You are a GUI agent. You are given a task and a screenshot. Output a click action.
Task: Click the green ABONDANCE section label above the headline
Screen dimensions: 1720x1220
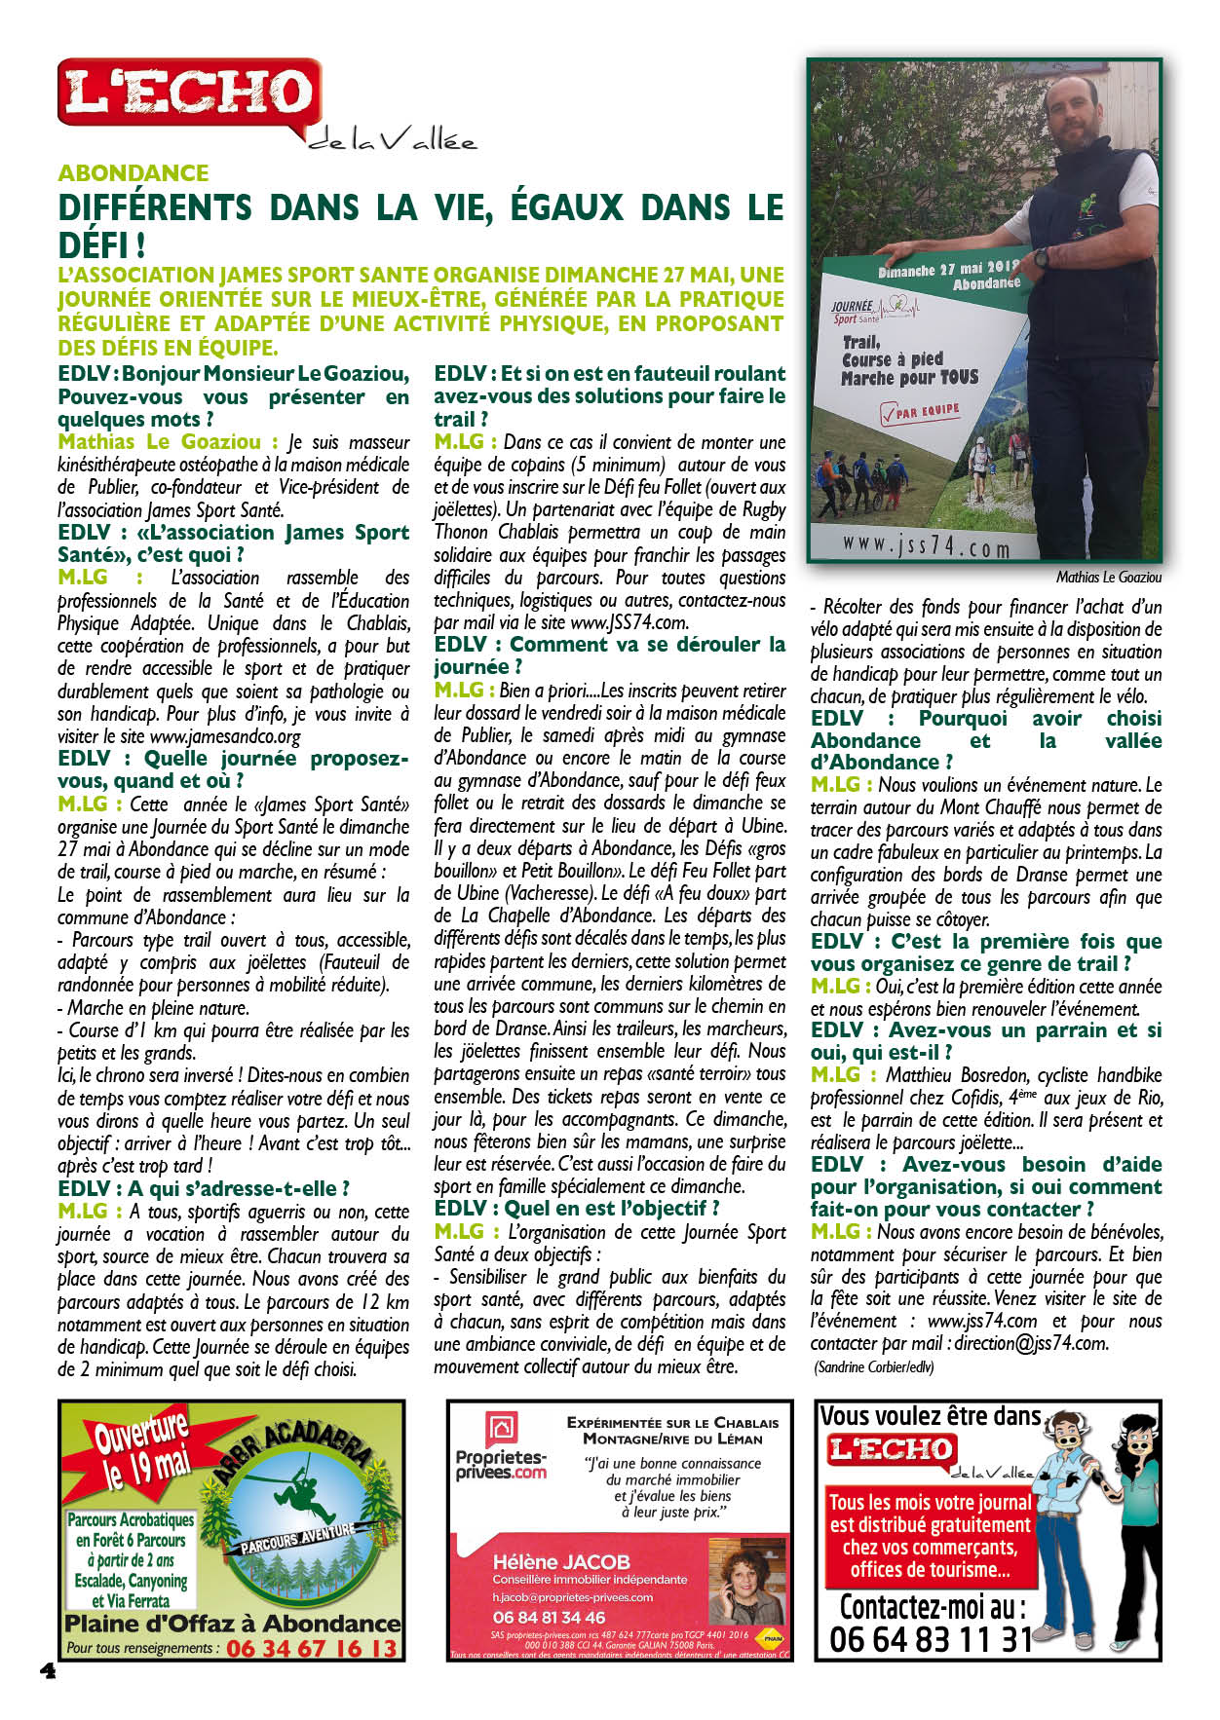(133, 173)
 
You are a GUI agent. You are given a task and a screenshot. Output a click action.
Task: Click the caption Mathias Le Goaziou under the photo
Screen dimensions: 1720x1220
(1109, 578)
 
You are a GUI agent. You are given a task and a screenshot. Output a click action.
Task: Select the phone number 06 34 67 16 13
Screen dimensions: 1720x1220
(312, 1648)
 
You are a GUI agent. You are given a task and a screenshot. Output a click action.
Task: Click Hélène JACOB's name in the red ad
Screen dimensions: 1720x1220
(561, 1561)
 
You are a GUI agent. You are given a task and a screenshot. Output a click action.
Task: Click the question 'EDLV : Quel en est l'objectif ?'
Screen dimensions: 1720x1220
(577, 1209)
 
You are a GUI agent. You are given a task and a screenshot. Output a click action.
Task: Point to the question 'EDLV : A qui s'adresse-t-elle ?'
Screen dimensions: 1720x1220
(204, 1188)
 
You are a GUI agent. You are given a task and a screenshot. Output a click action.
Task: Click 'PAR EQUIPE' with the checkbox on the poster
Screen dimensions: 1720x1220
(920, 412)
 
